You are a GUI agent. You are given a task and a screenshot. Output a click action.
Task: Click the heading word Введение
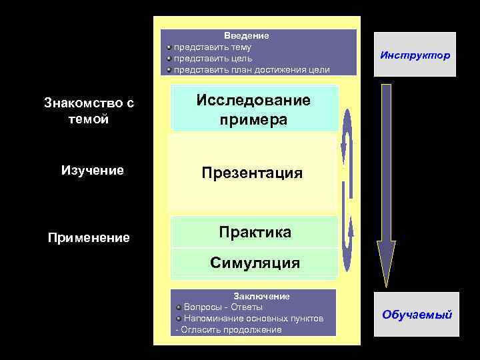(246, 35)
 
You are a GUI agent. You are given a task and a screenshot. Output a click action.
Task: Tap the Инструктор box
(415, 55)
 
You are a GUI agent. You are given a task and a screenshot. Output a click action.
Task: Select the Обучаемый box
(417, 314)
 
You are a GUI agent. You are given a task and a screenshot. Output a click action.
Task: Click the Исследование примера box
(253, 110)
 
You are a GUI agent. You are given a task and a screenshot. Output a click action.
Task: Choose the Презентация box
(253, 173)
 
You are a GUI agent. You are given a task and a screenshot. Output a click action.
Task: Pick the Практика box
(255, 232)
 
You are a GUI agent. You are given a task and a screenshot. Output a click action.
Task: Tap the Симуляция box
(255, 263)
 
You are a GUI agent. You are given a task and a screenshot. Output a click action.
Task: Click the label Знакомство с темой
(89, 111)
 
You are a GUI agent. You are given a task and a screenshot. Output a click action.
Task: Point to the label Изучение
(92, 170)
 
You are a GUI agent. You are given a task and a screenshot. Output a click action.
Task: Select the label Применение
(89, 237)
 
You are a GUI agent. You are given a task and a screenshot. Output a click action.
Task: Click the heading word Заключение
(261, 296)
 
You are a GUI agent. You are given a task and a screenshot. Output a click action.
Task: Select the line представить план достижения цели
(251, 70)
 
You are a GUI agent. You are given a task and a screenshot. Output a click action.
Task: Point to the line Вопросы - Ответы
(223, 307)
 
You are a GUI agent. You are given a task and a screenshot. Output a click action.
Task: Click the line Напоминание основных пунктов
(253, 319)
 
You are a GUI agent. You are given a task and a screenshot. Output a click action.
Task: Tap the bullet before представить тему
(169, 47)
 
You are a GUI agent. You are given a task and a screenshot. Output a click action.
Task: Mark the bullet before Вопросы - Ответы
(179, 307)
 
